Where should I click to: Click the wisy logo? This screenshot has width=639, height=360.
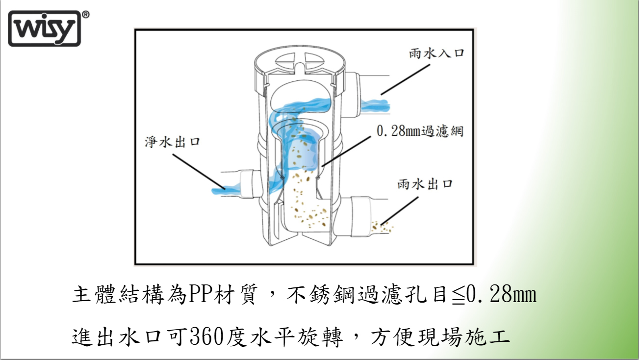pos(45,28)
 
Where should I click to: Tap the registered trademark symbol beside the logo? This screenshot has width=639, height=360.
pos(86,15)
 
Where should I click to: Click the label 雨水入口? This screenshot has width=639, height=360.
pos(436,53)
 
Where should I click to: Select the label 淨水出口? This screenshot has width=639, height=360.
pos(173,142)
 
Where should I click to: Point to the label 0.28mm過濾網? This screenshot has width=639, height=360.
pos(420,131)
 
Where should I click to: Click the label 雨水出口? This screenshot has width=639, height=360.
pos(425,184)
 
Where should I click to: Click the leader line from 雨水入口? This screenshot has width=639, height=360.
pos(406,79)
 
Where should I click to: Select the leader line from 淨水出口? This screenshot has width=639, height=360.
pos(199,172)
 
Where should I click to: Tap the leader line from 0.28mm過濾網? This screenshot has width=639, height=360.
pos(346,152)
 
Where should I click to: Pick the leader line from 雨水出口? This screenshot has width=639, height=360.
pos(399,211)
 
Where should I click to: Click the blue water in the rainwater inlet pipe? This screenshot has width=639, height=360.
pos(375,105)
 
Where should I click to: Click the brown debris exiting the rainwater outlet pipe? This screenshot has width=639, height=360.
pos(382,227)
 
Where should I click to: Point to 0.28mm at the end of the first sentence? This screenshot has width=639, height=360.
pos(502,295)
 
